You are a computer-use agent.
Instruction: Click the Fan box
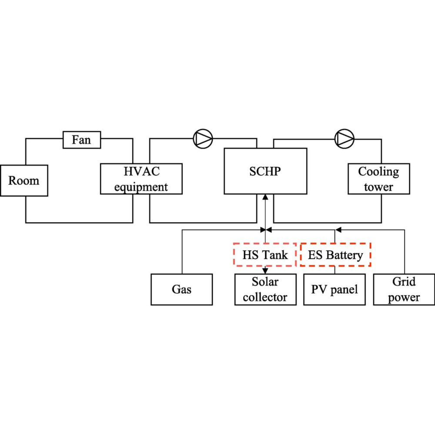click(82, 140)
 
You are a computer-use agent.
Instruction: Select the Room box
click(24, 181)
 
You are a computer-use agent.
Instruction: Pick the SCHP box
click(265, 171)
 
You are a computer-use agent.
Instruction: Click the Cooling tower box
click(378, 179)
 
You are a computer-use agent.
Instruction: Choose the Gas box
click(182, 289)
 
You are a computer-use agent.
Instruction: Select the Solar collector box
click(265, 289)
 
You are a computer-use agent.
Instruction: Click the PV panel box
click(335, 289)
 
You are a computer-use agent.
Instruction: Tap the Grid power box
click(404, 289)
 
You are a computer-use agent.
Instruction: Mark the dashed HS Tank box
click(265, 255)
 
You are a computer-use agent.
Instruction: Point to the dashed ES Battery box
click(335, 255)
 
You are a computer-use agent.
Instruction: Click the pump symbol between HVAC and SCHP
click(203, 138)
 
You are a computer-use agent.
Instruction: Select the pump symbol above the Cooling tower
click(345, 138)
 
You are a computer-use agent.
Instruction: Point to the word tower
click(378, 187)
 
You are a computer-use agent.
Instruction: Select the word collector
click(265, 297)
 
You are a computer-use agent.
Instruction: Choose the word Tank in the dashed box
click(277, 255)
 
